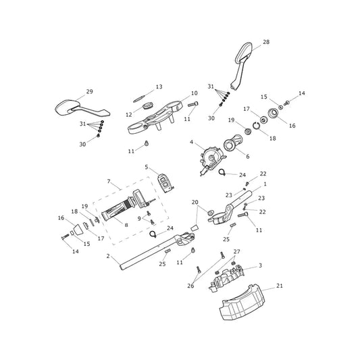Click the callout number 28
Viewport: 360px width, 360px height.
point(266,42)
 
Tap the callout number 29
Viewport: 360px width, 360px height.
point(90,92)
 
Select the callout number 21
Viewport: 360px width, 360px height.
point(280,286)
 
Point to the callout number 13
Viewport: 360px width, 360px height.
point(159,86)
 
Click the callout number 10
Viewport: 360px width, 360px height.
point(195,93)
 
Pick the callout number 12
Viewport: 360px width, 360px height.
point(129,114)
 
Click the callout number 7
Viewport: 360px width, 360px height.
point(109,182)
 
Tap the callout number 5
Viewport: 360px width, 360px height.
point(147,167)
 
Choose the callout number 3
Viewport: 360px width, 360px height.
point(260,265)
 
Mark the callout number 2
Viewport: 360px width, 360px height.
point(108,256)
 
